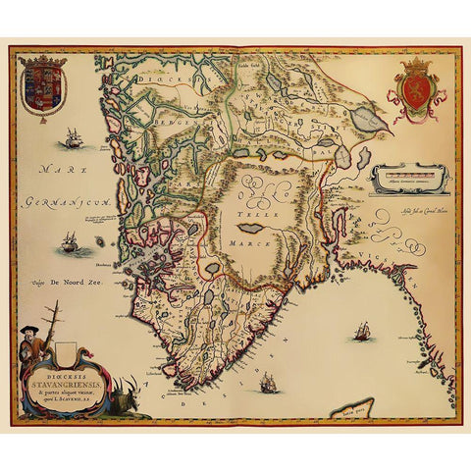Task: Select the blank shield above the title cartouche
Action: click(66, 345)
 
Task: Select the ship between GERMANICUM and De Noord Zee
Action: click(70, 241)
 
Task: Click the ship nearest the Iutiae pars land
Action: click(363, 332)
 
